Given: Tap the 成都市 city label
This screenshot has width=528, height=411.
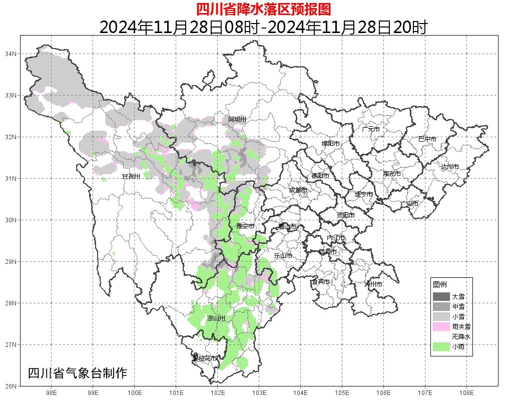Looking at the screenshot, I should point(298,190).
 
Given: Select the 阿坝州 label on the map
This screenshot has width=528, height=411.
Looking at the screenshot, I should point(237,119).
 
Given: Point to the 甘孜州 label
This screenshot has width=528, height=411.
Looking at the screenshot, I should point(131,176).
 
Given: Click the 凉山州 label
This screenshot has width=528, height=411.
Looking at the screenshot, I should point(216,318).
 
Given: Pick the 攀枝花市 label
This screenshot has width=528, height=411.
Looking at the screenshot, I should point(205,358).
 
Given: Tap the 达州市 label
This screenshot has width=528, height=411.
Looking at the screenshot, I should point(449,166).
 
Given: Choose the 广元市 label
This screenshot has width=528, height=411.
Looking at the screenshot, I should point(371,129).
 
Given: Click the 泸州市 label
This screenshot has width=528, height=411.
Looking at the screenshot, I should point(373,284).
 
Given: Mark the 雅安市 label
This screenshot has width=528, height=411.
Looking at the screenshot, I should point(246,226).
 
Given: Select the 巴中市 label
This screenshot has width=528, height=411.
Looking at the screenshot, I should point(427,139).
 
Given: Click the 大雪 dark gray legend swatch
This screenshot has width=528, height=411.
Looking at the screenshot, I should point(441,296).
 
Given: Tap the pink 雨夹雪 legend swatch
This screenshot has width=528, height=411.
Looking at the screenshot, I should point(441,326).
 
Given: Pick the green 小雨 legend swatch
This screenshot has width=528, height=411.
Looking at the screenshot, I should point(441,346).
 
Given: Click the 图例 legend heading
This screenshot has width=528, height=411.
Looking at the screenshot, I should point(439,284).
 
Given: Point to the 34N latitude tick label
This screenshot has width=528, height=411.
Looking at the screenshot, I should point(12,54).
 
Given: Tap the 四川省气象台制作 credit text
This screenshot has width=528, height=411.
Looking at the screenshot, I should point(78,373).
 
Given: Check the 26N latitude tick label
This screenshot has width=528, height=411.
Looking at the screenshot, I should point(12,386).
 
